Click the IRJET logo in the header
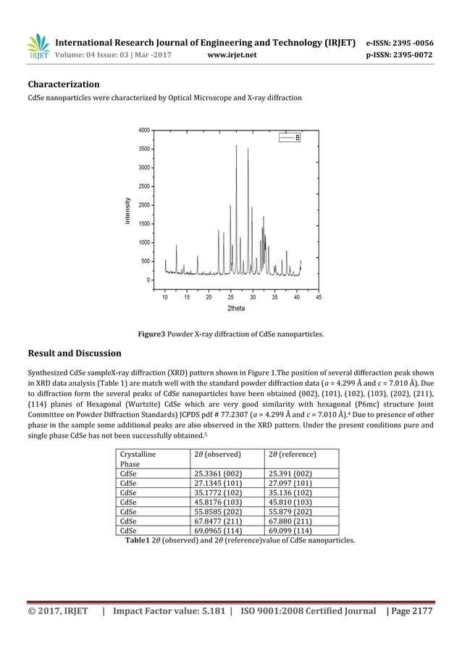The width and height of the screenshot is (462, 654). [38, 46]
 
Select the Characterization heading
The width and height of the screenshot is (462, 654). [64, 84]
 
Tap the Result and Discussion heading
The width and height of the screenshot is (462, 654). [75, 353]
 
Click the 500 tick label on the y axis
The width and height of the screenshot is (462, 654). [146, 261]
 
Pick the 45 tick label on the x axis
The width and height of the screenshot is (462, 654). [319, 297]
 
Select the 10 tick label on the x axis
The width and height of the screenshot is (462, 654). [164, 297]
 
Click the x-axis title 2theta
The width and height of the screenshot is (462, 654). [236, 308]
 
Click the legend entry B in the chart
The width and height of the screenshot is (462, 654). [297, 137]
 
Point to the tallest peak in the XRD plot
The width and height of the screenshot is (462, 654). [236, 146]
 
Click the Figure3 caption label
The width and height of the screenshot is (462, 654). [152, 334]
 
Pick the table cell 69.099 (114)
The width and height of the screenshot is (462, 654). [290, 530]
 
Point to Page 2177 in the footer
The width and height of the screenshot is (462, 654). [412, 611]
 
